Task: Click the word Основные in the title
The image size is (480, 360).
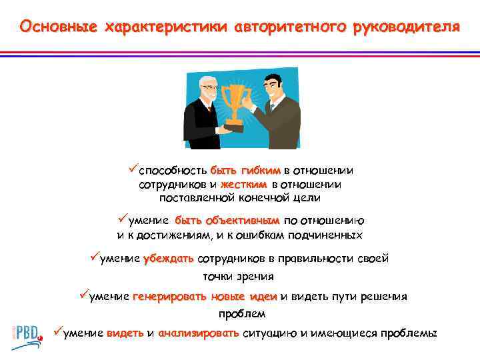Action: point(56,27)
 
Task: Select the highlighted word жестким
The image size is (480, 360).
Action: point(244,183)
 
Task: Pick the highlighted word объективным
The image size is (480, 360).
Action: point(243,221)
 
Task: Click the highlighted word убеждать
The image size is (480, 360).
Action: point(168,259)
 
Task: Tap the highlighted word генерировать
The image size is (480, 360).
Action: point(169,297)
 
